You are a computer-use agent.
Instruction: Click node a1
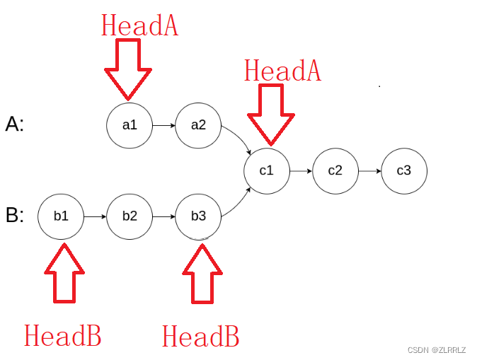pos(130,126)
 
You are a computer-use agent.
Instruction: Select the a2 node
pos(198,126)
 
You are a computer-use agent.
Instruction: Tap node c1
pos(266,170)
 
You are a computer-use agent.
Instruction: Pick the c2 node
pos(335,170)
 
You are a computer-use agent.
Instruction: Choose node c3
pos(403,170)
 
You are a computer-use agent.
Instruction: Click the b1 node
pos(61,215)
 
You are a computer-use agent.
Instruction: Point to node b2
pos(130,215)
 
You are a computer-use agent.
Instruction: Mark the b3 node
pos(198,215)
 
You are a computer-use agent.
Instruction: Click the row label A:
pos(15,125)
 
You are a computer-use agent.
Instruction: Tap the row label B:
pos(15,215)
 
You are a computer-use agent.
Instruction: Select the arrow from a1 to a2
pos(163,126)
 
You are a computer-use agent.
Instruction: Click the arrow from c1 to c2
pos(301,170)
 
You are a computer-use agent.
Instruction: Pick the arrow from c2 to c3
pos(369,170)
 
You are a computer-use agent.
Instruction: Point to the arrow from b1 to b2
pos(95,215)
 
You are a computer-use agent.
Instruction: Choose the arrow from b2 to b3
pos(163,215)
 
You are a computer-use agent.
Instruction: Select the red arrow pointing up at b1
pos(64,273)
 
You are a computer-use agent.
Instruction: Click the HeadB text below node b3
pos(200,336)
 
